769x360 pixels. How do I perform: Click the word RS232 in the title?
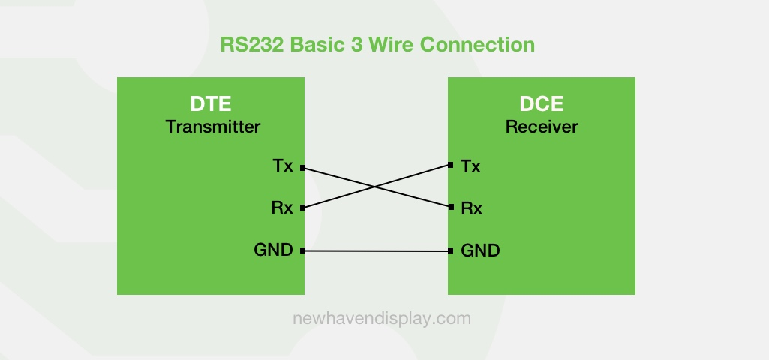pos(252,45)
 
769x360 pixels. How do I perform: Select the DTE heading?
pos(211,104)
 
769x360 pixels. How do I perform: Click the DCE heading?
pos(542,104)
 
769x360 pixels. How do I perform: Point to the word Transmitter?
pos(212,127)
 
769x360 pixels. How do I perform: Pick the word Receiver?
pos(542,127)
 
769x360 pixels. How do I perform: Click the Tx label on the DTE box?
pos(283,166)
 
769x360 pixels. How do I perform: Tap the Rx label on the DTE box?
pos(282,208)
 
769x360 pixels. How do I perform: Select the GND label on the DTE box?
pos(273,250)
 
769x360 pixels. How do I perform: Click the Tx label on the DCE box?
pos(471,166)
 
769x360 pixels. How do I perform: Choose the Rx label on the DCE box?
pos(472,208)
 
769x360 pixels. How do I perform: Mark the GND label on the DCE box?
pos(480,250)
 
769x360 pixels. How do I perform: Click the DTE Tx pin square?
pos(302,168)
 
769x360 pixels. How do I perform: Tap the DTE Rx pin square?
pos(302,208)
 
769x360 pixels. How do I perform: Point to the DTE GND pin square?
pos(302,250)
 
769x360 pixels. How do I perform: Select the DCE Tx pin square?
pos(450,165)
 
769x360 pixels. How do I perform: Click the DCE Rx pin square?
pos(450,207)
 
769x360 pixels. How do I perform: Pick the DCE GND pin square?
pos(450,251)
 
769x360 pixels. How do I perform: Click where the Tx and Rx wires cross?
pos(375,187)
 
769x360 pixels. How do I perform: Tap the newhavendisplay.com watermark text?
pos(382,318)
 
